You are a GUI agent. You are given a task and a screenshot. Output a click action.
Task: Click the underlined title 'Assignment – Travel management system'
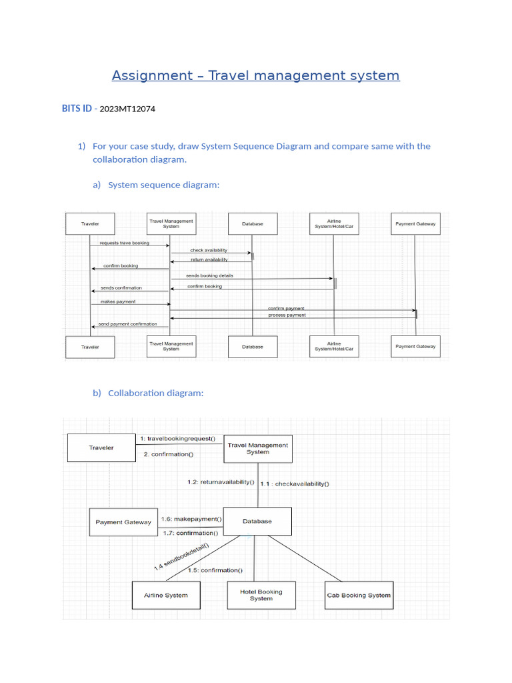click(255, 75)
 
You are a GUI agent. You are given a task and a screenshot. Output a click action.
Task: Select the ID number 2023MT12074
click(127, 109)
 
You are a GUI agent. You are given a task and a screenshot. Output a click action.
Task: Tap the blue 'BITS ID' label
click(77, 109)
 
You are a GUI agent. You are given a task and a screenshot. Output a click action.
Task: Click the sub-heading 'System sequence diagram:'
click(163, 185)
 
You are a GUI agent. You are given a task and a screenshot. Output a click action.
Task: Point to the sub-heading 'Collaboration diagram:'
click(155, 393)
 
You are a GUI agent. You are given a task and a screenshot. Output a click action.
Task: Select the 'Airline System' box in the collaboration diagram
click(166, 595)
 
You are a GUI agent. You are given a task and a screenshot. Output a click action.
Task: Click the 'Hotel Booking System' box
click(261, 595)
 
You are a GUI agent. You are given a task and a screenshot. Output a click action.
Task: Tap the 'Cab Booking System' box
click(359, 595)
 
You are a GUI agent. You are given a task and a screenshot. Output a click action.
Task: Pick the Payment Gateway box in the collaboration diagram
click(123, 522)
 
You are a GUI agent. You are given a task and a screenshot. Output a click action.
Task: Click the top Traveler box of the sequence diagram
click(90, 224)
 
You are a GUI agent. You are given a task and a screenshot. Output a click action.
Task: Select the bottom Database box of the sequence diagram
click(252, 347)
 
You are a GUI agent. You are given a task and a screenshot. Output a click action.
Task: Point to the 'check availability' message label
click(209, 250)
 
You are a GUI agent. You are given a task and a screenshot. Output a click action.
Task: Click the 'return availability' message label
click(209, 259)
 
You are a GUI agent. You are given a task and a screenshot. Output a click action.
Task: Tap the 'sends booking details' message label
click(209, 275)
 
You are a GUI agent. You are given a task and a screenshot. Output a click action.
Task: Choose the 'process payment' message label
click(287, 315)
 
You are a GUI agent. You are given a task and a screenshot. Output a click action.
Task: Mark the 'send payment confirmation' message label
click(127, 324)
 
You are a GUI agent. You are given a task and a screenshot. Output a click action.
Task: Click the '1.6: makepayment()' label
click(192, 518)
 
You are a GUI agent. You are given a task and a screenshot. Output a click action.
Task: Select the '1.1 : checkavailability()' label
click(294, 484)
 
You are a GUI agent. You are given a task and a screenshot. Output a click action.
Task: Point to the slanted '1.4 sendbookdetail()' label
click(181, 557)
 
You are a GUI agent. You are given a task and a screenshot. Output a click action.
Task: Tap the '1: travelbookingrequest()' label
click(178, 439)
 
